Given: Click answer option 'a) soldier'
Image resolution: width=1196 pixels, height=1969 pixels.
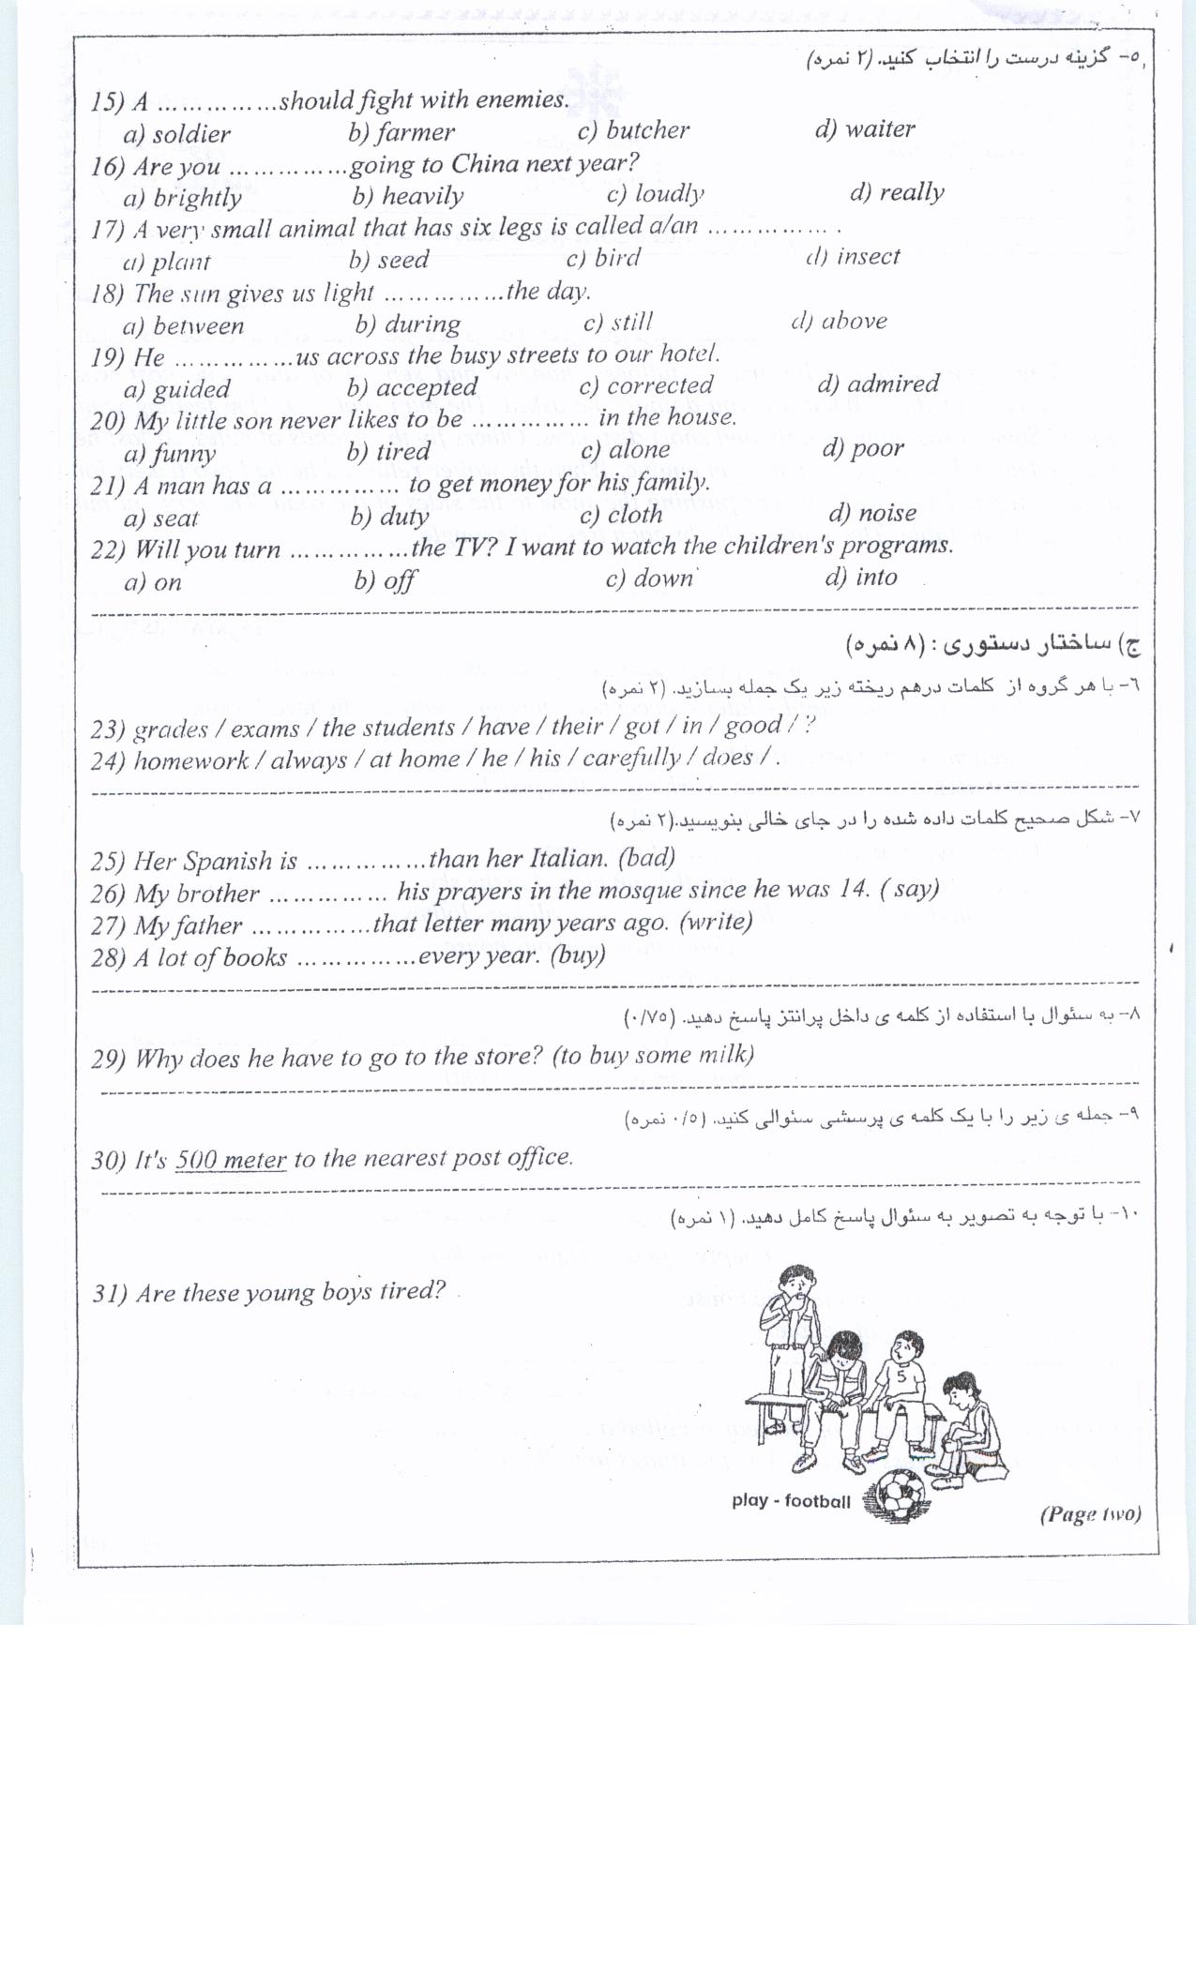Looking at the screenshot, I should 176,134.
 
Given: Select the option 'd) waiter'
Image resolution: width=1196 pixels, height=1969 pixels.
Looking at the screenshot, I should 864,129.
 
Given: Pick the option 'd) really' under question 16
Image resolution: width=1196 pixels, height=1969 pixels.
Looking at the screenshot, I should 896,193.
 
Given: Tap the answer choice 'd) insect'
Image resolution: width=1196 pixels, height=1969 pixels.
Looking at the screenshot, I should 853,257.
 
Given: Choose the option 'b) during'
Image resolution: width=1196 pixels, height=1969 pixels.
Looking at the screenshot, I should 407,324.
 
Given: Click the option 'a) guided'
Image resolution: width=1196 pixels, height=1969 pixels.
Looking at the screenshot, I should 176,389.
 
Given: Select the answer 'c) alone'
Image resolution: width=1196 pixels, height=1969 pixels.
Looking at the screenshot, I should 625,450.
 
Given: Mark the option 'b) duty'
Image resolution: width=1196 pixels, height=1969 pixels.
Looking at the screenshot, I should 389,516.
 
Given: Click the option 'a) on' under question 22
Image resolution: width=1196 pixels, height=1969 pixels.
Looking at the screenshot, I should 153,582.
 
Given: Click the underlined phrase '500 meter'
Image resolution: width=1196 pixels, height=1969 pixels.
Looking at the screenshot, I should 231,1160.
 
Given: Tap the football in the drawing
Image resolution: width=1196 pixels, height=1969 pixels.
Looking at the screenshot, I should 900,1495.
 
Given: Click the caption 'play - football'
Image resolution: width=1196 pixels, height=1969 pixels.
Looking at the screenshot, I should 791,1501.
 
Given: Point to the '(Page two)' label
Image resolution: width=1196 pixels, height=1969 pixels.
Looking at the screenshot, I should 1090,1514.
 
